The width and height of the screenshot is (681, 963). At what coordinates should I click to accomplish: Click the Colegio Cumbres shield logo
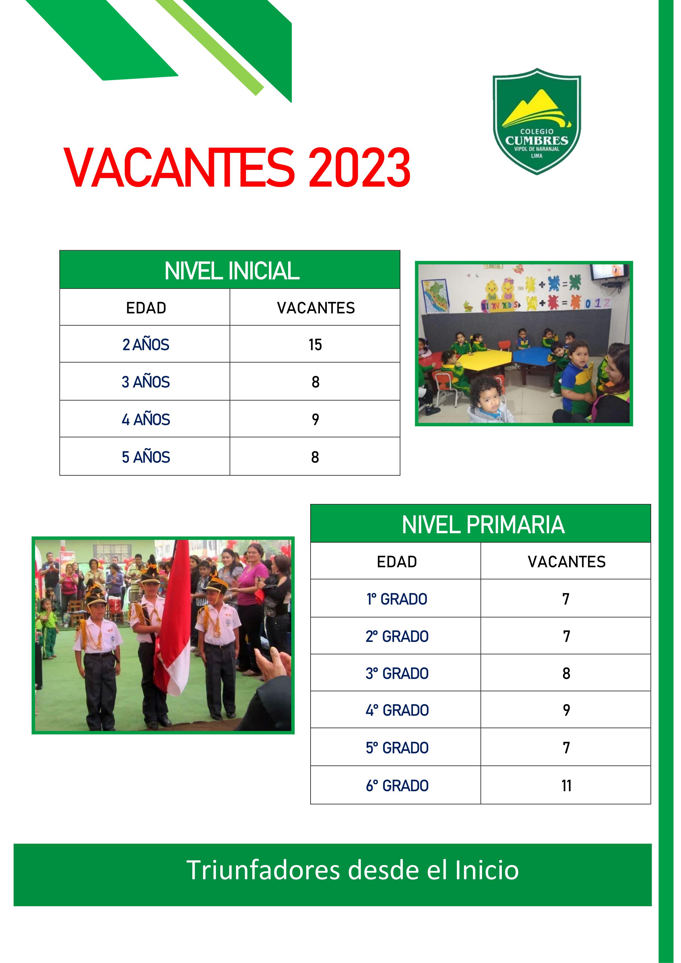click(537, 121)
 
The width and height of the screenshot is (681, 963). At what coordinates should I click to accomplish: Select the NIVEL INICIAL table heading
click(232, 271)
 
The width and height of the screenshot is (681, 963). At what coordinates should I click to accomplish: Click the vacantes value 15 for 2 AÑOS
click(315, 345)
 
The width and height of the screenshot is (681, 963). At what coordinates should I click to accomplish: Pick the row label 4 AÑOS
click(146, 419)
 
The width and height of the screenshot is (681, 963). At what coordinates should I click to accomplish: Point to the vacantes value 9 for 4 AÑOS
click(315, 419)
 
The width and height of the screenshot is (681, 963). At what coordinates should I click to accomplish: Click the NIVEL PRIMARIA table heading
click(483, 525)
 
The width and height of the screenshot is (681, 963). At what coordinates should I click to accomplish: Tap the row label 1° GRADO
click(397, 599)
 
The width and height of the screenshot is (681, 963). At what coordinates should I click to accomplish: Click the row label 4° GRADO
click(397, 711)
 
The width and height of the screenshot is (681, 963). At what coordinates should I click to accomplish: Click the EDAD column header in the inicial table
click(146, 308)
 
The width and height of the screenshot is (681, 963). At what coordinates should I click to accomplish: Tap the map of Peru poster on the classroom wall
click(435, 296)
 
